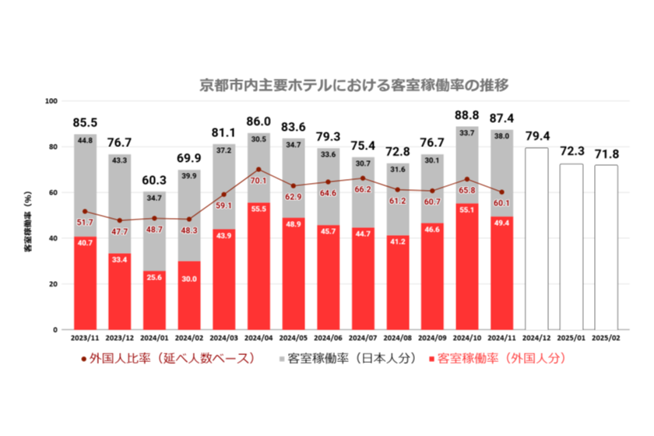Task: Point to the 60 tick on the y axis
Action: point(52,192)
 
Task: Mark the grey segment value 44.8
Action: point(85,141)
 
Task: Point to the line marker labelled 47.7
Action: point(119,220)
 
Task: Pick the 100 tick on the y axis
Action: point(51,101)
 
